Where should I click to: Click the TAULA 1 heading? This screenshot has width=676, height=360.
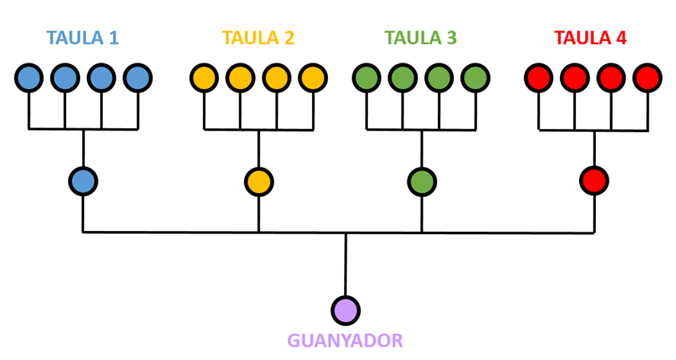(82, 37)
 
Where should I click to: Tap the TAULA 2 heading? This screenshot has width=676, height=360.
(258, 37)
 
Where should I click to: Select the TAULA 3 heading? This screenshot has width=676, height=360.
(421, 37)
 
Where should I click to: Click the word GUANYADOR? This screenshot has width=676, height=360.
(345, 340)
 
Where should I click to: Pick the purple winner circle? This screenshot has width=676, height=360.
(346, 310)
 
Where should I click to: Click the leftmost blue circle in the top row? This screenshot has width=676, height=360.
(29, 78)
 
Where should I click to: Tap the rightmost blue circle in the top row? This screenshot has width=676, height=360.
(137, 78)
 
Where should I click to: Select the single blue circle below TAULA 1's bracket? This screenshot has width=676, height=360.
(83, 182)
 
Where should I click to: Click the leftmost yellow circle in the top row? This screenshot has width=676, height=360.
(204, 78)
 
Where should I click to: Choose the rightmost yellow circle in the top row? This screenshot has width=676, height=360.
(312, 78)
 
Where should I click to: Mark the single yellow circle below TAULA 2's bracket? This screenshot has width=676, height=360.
(259, 182)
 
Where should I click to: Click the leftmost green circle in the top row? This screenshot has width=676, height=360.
(367, 78)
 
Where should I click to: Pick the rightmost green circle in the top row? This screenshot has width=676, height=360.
(475, 78)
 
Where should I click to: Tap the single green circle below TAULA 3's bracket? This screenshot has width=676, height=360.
(421, 182)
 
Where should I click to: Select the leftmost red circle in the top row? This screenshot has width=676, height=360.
(539, 78)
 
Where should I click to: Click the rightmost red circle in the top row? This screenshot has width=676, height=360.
(647, 78)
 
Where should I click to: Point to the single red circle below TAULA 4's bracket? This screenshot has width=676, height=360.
(594, 182)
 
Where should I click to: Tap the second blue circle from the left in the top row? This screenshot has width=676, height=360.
(65, 78)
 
